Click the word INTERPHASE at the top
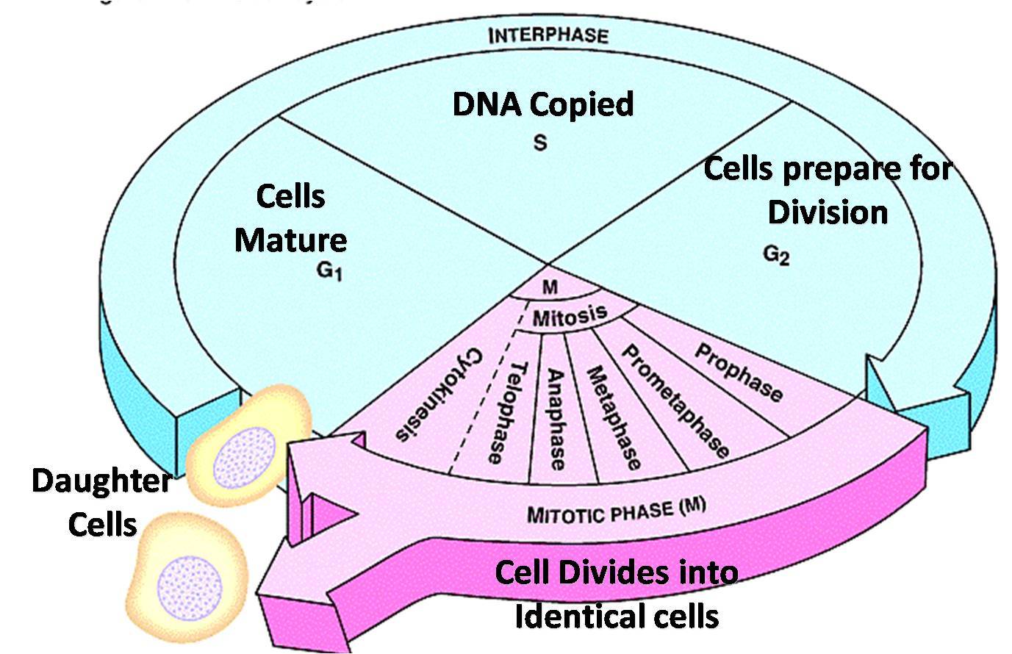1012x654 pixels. (548, 35)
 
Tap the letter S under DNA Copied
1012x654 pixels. (540, 142)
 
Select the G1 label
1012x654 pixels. (329, 271)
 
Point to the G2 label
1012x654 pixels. (776, 255)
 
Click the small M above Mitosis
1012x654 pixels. (549, 288)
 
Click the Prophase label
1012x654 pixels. (738, 373)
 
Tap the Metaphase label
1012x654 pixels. (614, 417)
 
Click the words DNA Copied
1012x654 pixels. (542, 104)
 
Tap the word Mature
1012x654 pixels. (290, 240)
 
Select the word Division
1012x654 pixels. (828, 212)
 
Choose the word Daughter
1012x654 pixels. (101, 481)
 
